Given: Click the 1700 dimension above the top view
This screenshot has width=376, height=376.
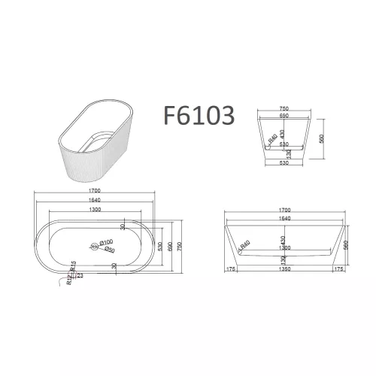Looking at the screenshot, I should pyautogui.click(x=94, y=192).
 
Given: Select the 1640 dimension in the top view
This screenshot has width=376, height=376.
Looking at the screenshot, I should pyautogui.click(x=94, y=201).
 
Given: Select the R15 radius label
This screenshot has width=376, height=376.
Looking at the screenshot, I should pyautogui.click(x=73, y=267).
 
